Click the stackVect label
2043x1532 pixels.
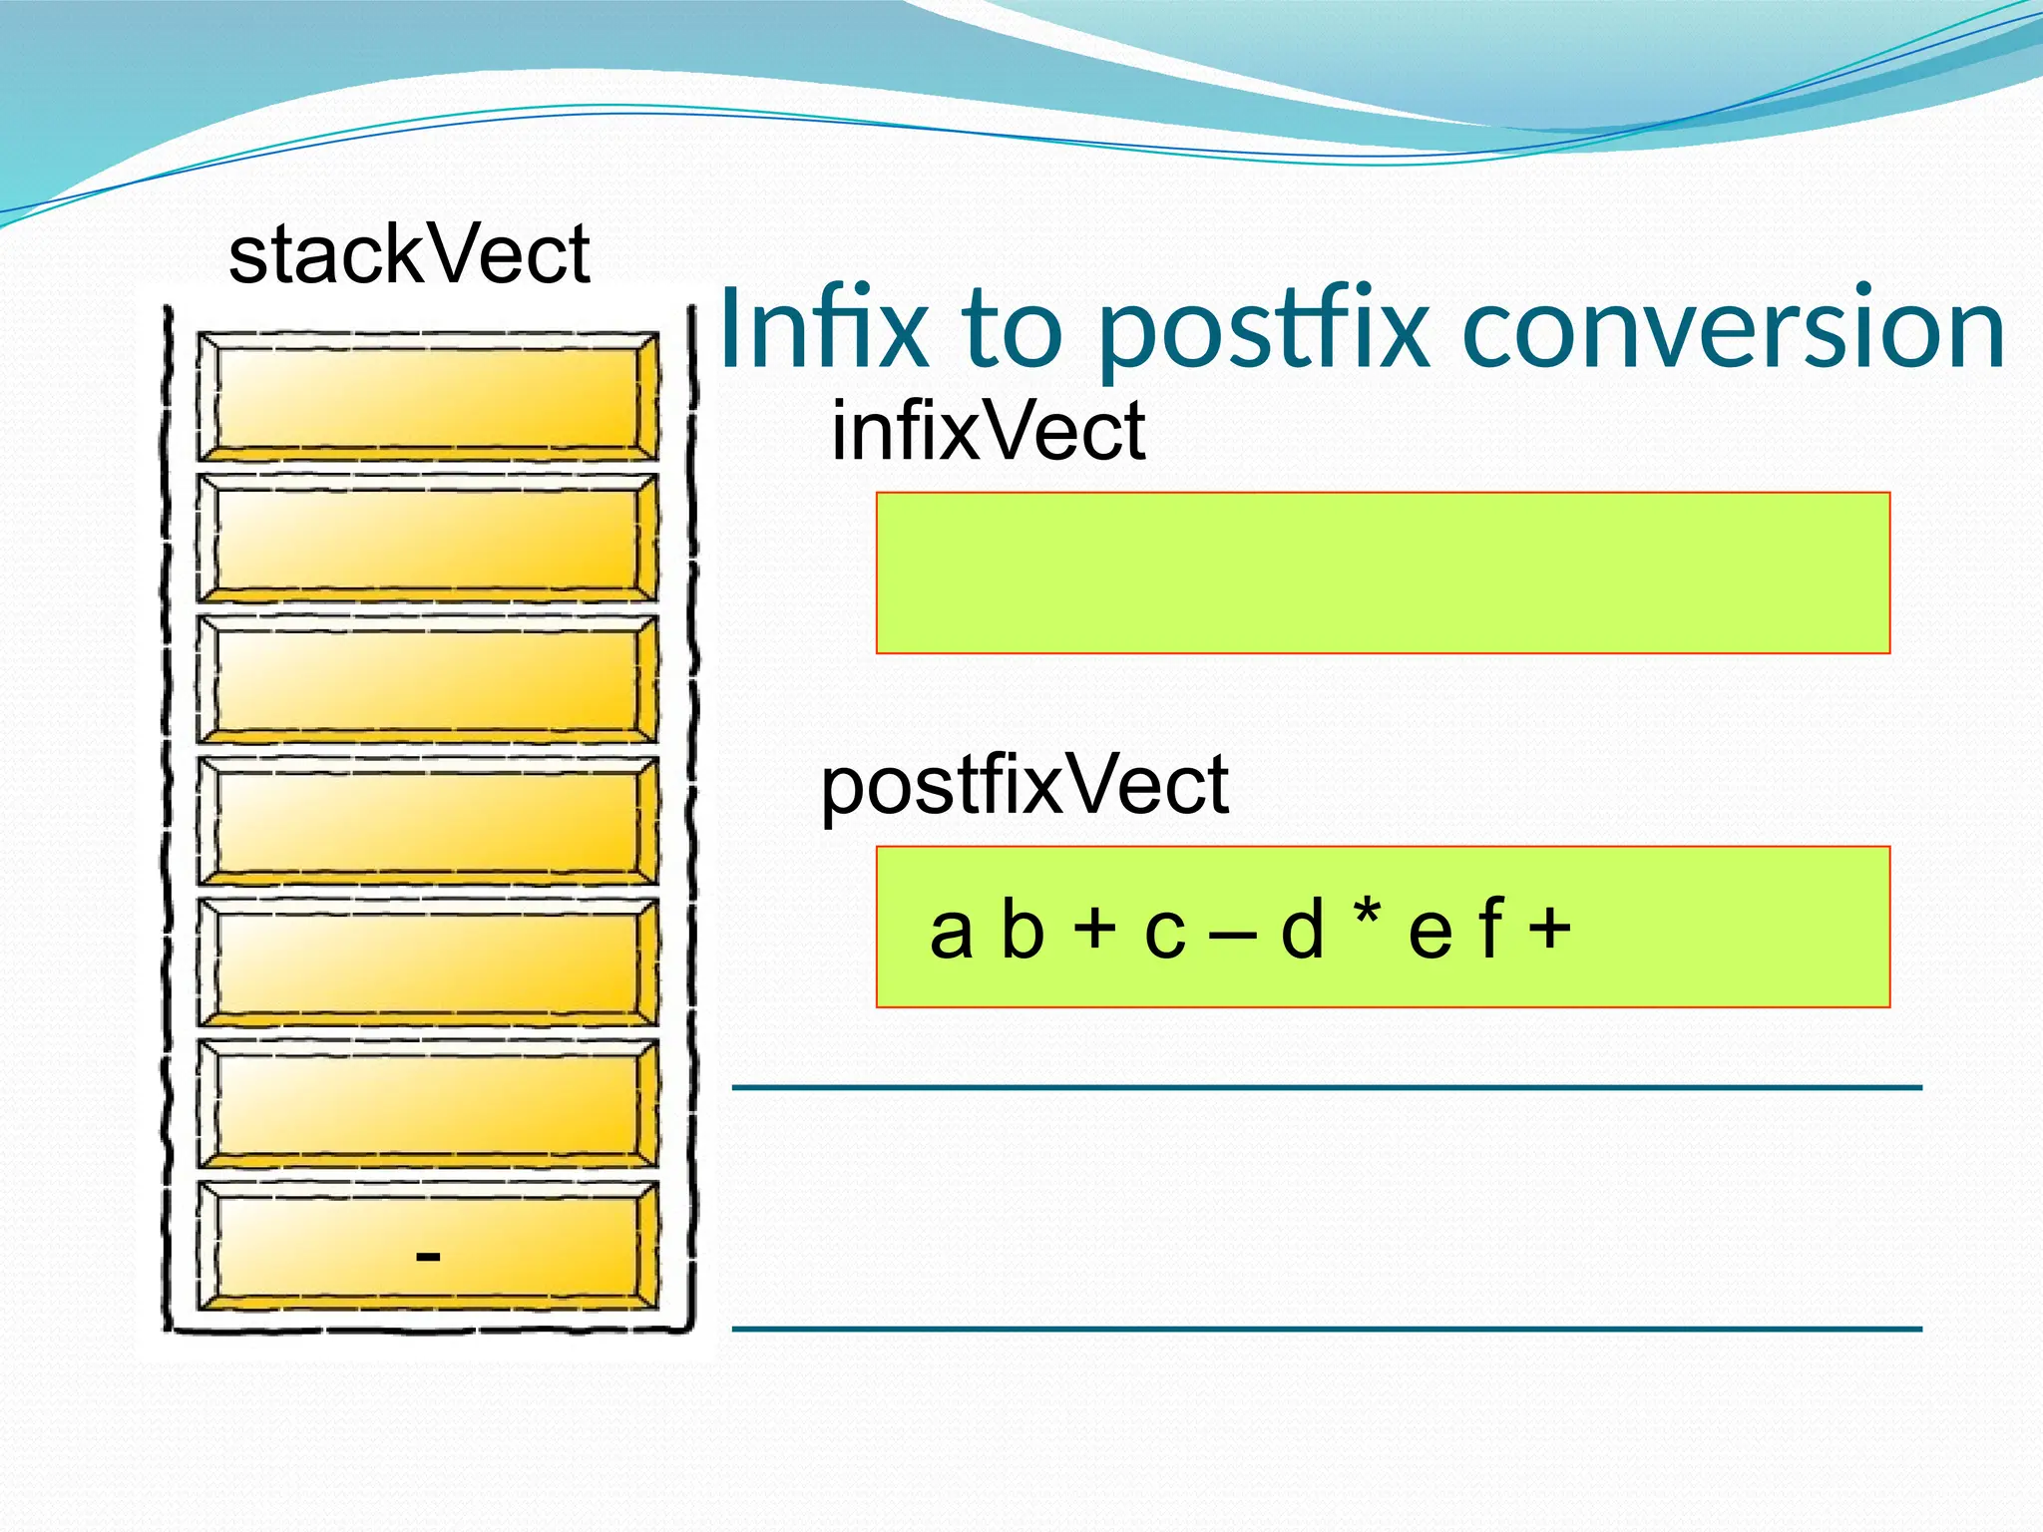coord(409,255)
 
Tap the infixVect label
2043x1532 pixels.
coord(988,431)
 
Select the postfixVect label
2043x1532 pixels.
coord(1024,786)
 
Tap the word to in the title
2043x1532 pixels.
coord(1012,329)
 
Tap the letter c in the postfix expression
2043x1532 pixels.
coord(1165,934)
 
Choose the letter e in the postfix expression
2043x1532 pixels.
coord(1430,934)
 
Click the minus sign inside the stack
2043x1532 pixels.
coord(428,1256)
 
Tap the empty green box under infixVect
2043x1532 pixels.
coord(1383,573)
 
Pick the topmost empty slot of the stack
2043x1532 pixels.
coord(427,397)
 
